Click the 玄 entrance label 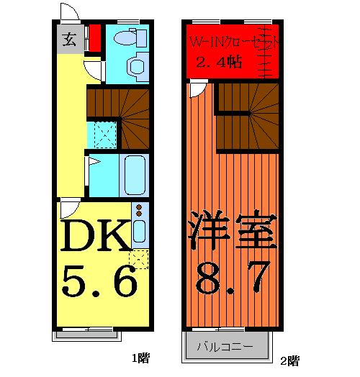pyautogui.click(x=68, y=39)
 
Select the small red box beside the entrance pyautogui.click(x=94, y=35)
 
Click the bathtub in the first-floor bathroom pyautogui.click(x=135, y=175)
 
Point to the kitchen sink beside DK pyautogui.click(x=140, y=231)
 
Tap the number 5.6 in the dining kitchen pyautogui.click(x=99, y=282)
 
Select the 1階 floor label pyautogui.click(x=140, y=357)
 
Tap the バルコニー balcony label pyautogui.click(x=225, y=348)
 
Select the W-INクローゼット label pyautogui.click(x=232, y=42)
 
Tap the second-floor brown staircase pyautogui.click(x=246, y=115)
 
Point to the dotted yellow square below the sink pyautogui.click(x=139, y=258)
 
